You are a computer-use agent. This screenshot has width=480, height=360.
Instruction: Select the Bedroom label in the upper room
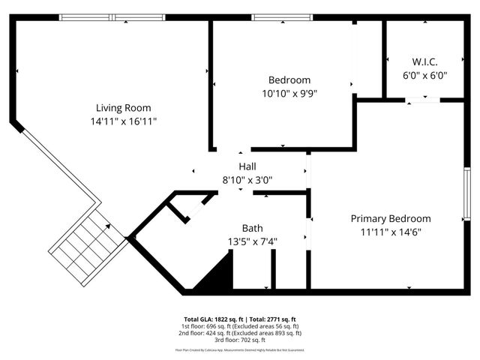[x=289, y=80]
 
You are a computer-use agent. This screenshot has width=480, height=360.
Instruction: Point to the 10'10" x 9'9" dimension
[x=289, y=94]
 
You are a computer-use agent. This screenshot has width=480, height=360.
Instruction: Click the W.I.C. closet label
[x=424, y=61]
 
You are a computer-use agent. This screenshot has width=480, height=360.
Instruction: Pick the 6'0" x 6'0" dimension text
[x=424, y=75]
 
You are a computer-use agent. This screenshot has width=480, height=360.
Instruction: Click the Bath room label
[x=252, y=228]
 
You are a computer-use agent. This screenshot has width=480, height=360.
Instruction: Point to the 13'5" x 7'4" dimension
[x=252, y=241]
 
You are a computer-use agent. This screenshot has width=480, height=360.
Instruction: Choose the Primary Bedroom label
[x=401, y=218]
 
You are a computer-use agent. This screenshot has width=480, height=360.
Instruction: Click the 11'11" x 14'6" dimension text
[x=401, y=232]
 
